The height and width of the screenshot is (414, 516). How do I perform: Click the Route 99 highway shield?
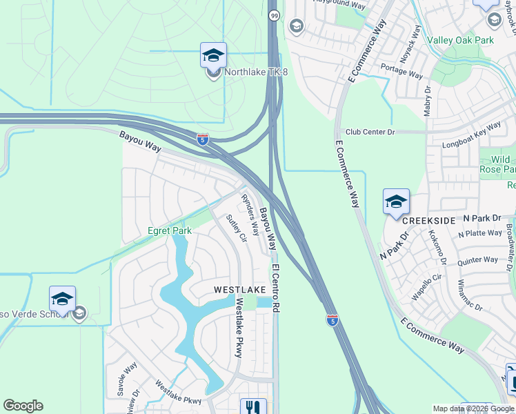274,15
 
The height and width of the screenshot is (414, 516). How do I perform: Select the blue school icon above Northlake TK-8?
213,55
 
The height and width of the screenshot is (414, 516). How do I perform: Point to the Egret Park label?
170,230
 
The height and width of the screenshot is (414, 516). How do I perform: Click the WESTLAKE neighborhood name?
239,289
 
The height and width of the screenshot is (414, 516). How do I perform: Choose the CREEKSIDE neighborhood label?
428,220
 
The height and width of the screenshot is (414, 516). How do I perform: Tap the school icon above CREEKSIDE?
396,201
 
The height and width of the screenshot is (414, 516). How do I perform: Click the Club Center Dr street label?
370,131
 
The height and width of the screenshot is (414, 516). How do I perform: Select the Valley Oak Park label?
460,40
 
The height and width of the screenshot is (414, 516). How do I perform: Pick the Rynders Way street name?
250,215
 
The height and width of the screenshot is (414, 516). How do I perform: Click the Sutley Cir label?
237,228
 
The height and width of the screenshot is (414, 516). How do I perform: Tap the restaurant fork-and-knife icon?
253,407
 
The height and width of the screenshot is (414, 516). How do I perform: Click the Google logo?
23,406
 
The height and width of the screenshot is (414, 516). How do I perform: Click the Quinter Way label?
477,261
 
